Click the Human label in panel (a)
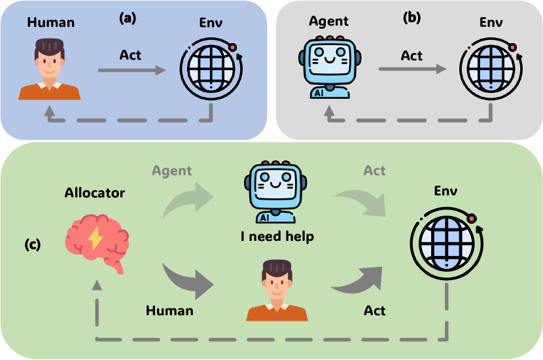coord(51,23)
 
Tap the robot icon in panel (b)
coord(326,67)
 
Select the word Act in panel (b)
coord(412,55)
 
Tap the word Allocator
coord(95,193)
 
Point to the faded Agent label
coord(171,171)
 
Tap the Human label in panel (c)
coord(169,310)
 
